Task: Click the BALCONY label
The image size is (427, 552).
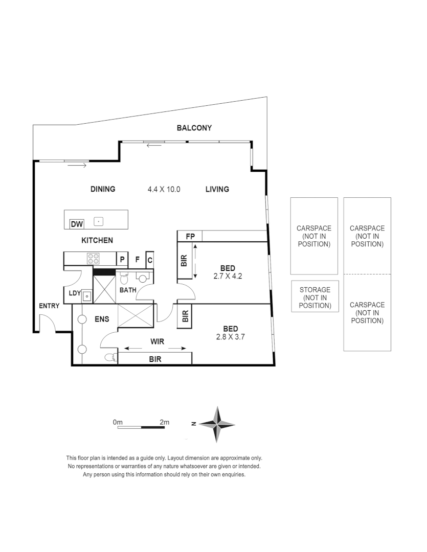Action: pyautogui.click(x=194, y=128)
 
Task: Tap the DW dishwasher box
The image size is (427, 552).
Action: pyautogui.click(x=77, y=224)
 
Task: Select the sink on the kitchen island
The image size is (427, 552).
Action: pyautogui.click(x=99, y=221)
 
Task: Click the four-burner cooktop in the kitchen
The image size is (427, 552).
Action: pyautogui.click(x=93, y=259)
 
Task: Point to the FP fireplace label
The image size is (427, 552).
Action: pyautogui.click(x=190, y=236)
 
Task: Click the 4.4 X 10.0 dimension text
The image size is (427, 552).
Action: pyautogui.click(x=164, y=189)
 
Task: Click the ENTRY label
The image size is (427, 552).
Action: pyautogui.click(x=49, y=306)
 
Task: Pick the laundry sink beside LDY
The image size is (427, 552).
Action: pyautogui.click(x=87, y=295)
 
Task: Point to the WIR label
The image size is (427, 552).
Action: pyautogui.click(x=156, y=340)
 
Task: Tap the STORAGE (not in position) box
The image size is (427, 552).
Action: pyautogui.click(x=315, y=297)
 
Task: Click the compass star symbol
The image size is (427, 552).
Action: pyautogui.click(x=217, y=424)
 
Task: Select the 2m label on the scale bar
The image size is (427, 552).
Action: pyautogui.click(x=164, y=422)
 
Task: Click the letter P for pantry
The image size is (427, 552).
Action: pyautogui.click(x=122, y=259)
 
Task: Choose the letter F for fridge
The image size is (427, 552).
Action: pyautogui.click(x=137, y=259)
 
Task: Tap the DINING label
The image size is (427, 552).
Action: pyautogui.click(x=103, y=189)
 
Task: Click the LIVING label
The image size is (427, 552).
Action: pyautogui.click(x=217, y=189)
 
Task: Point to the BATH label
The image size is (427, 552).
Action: pyautogui.click(x=128, y=290)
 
